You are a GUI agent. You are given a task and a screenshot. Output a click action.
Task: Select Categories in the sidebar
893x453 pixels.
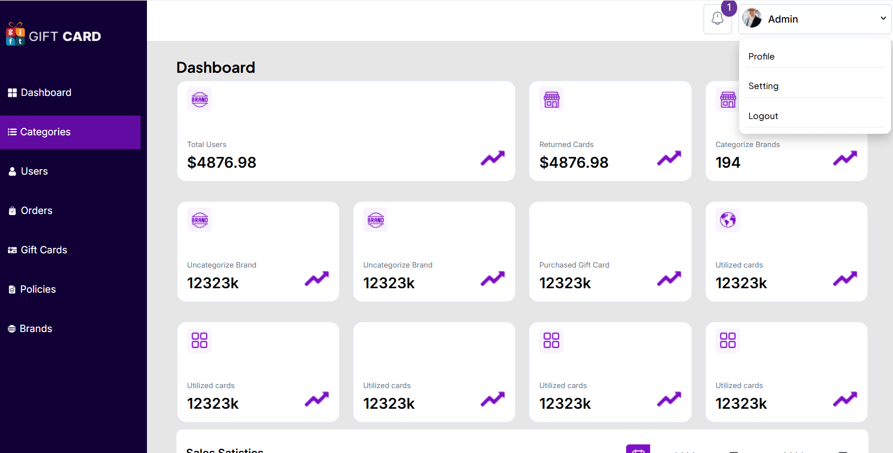coord(45,132)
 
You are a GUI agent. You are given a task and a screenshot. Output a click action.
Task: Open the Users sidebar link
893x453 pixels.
coord(34,171)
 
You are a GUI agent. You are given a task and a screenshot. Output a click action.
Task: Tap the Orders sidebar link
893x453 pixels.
coord(36,211)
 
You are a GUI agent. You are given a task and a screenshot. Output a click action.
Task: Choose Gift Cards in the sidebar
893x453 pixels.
coord(43,250)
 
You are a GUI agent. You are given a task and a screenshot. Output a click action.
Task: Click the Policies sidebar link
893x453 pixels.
coord(38,289)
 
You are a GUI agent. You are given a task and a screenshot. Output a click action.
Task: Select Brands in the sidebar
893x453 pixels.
coord(35,329)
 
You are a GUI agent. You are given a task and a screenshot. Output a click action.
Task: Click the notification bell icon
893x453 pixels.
coord(717,19)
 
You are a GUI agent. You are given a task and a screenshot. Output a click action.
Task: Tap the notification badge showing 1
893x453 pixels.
coord(729,7)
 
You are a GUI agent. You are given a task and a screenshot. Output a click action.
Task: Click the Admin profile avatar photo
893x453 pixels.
coord(752,19)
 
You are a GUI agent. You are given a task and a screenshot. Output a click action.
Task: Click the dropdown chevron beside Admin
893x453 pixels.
coord(883,19)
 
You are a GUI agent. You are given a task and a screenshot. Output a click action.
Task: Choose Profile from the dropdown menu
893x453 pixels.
coord(761,57)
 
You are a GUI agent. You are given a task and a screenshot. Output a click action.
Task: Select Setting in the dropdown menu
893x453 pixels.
coord(763,86)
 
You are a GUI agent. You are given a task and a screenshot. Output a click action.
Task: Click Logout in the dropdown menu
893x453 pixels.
coord(763,116)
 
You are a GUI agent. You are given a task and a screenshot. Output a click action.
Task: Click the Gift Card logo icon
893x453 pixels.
coord(15,34)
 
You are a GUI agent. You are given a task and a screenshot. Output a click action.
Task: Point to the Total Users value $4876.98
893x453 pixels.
coord(222,162)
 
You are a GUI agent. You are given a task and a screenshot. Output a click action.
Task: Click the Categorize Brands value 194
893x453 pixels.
coord(727,162)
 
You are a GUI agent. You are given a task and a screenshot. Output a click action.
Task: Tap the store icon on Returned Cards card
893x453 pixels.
coord(551,99)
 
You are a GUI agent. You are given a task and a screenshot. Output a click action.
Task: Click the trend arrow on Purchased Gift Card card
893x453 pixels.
coord(669,278)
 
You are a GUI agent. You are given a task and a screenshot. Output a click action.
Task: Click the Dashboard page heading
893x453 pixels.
coord(216,67)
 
